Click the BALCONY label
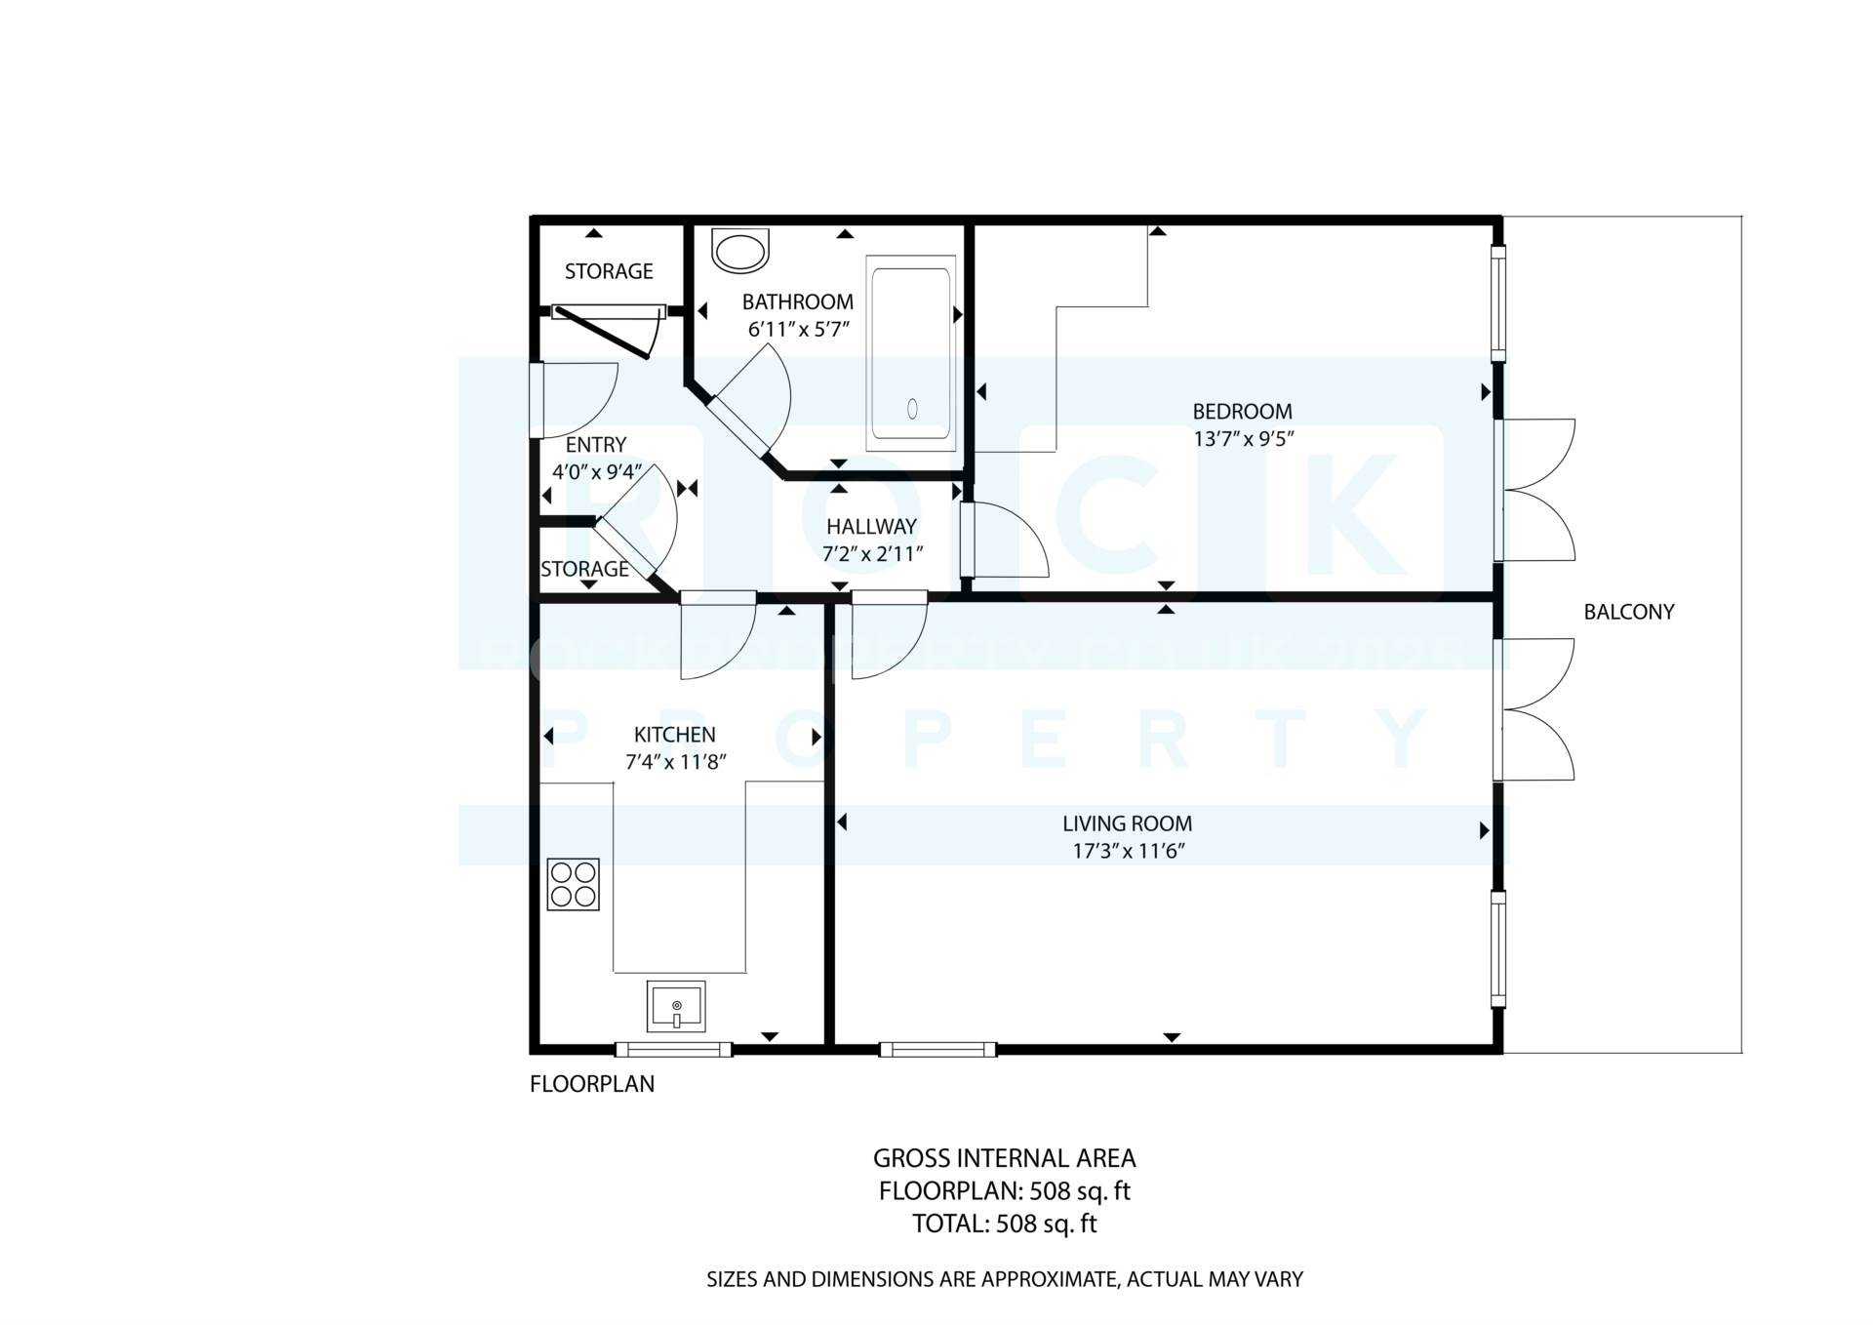[1628, 612]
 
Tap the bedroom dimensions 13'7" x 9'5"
[1243, 439]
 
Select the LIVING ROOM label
[1127, 823]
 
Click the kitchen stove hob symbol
[573, 884]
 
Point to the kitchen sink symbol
[675, 1006]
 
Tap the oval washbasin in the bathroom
[741, 251]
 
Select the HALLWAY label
[871, 527]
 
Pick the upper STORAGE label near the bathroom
[609, 271]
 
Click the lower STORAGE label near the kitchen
[584, 569]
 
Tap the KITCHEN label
[674, 735]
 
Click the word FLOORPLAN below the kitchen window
[591, 1084]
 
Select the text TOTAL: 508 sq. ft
[1004, 1224]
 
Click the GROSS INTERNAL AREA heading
[1004, 1158]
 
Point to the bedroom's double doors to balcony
[1536, 490]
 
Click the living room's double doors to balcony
[1536, 709]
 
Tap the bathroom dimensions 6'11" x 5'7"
[799, 330]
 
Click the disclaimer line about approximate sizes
[1004, 1279]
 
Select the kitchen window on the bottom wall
[673, 1050]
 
